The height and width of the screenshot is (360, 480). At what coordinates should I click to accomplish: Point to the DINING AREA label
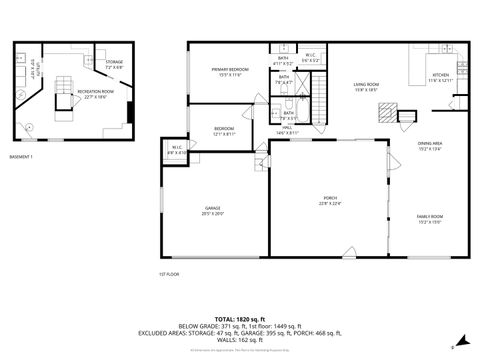click(x=430, y=143)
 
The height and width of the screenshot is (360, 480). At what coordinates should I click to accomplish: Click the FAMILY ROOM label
click(x=430, y=216)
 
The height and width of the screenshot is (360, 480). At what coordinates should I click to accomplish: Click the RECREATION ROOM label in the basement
click(x=96, y=90)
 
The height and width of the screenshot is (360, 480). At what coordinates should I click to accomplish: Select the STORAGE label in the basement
click(x=115, y=61)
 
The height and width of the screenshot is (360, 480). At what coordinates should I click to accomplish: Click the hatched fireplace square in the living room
click(x=384, y=113)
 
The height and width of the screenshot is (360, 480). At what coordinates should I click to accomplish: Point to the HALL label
click(x=286, y=127)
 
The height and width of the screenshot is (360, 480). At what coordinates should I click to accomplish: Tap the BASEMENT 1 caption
click(x=21, y=157)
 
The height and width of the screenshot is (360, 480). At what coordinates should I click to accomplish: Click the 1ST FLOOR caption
click(x=168, y=273)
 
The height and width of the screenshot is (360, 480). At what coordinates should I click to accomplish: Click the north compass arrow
click(x=461, y=338)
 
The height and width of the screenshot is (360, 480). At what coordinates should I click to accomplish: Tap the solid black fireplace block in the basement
click(x=132, y=112)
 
